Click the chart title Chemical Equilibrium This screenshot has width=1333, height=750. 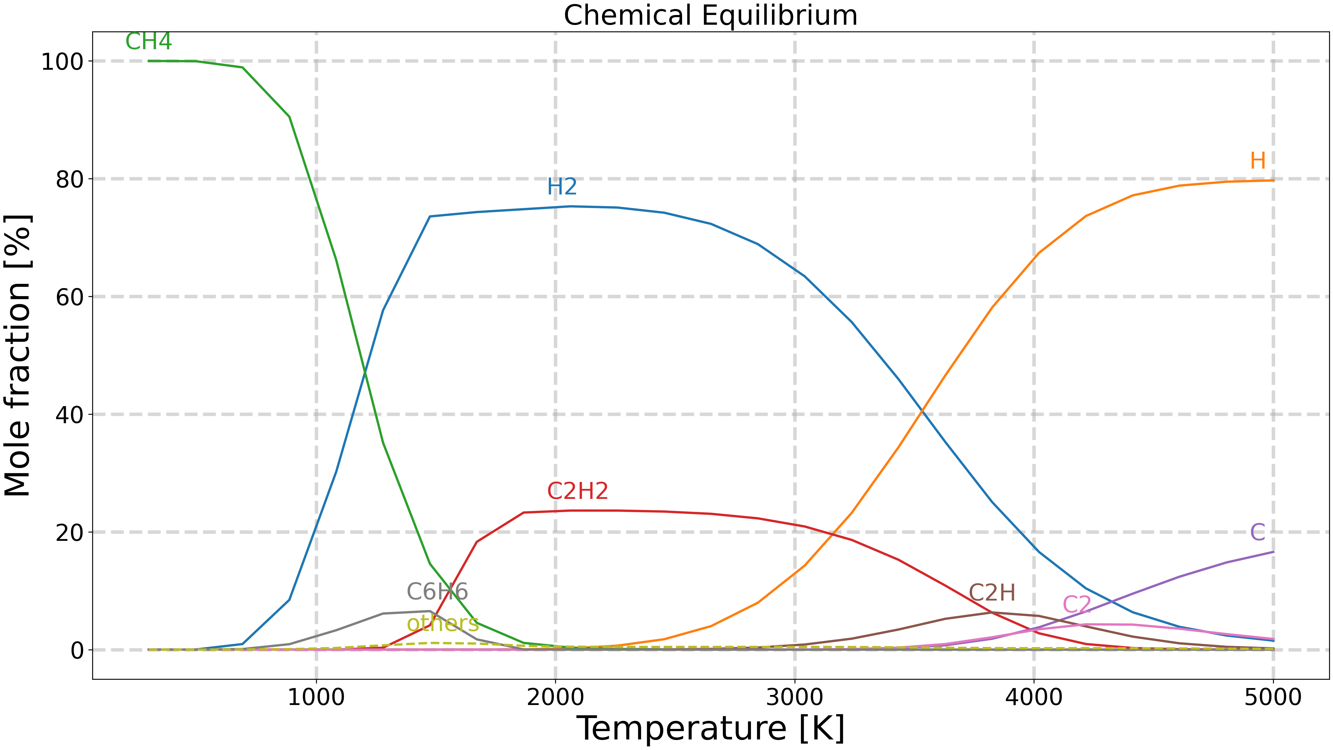(x=710, y=16)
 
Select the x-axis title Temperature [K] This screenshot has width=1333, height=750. (x=710, y=728)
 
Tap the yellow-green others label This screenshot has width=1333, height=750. (x=442, y=624)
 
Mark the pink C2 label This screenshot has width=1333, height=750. (x=1077, y=604)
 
